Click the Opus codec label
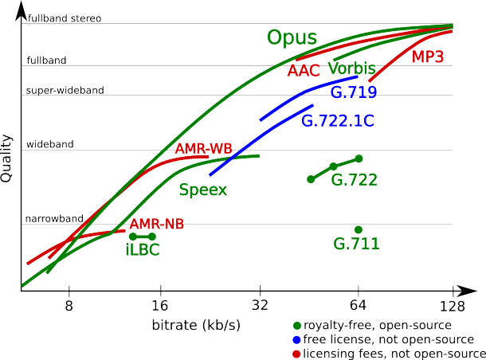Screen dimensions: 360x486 pos(292,39)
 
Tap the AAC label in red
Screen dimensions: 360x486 pos(304,71)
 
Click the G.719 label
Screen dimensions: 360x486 pos(353,92)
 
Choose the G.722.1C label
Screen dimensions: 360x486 pos(338,121)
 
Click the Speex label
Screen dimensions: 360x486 pos(203,190)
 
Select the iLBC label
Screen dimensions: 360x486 pos(143,249)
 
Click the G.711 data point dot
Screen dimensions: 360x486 pos(359,229)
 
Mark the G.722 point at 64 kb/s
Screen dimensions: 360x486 pos(359,158)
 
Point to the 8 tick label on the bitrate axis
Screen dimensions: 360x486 pos(69,306)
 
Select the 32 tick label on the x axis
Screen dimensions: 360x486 pos(260,306)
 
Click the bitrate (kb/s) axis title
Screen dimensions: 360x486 pos(196,326)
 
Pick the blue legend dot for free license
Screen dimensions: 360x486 pos(296,338)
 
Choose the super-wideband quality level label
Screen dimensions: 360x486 pos(65,90)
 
